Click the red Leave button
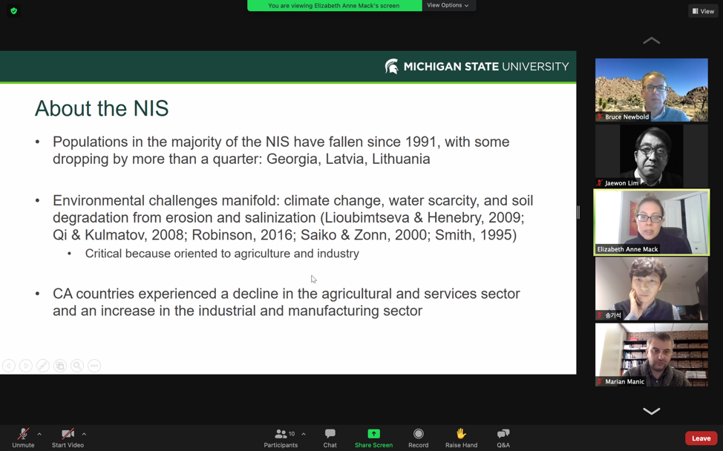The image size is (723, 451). tap(701, 438)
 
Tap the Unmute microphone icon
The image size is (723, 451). tap(23, 433)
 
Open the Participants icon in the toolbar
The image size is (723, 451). tap(281, 433)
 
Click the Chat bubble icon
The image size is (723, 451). tap(330, 433)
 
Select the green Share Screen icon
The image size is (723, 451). tap(373, 433)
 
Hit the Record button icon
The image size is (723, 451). tap(418, 433)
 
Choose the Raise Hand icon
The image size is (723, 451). tap(461, 433)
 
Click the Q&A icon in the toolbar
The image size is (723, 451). tap(503, 433)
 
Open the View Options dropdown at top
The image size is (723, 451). tap(448, 5)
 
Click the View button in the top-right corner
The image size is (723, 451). tap(704, 11)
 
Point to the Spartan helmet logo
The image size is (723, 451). tap(391, 66)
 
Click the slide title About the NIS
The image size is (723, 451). tap(102, 108)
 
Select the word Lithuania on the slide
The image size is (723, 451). tap(401, 159)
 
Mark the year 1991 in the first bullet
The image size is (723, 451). tap(422, 142)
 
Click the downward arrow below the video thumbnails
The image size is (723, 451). tap(652, 411)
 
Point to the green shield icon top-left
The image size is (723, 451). tap(14, 11)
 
